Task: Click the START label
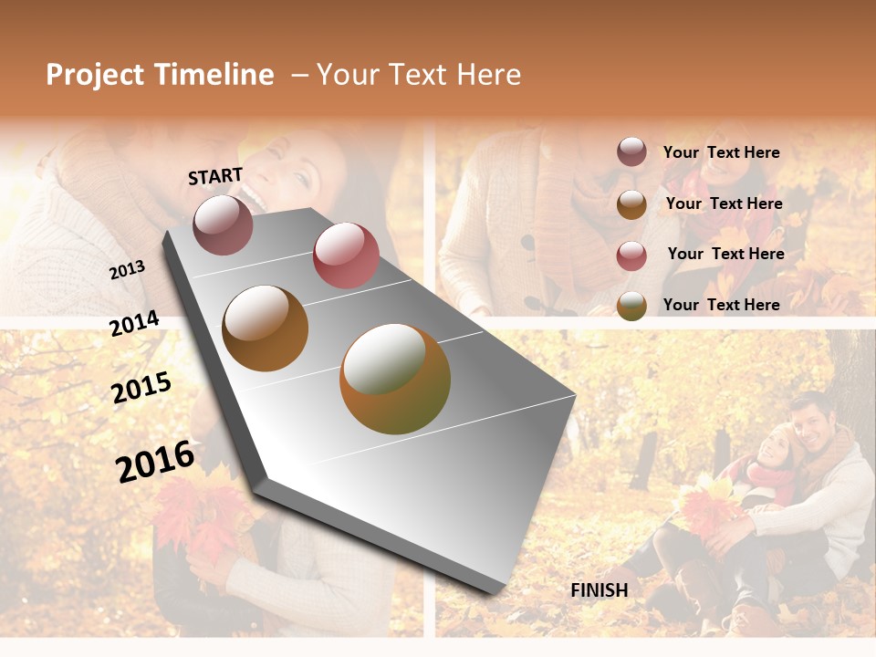coord(215,176)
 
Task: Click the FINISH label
coord(600,590)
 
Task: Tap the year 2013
coord(127,270)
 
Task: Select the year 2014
coord(134,324)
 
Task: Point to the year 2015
coord(141,388)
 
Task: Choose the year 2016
coord(155,461)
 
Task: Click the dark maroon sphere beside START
coord(223,224)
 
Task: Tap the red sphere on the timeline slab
coord(346,255)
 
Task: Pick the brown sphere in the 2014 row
coord(266,328)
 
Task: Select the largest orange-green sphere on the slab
coord(395,379)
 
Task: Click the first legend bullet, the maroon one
coord(631,152)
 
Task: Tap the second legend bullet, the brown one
coord(631,204)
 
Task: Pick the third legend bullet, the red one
coord(631,255)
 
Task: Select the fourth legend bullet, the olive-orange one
coord(631,306)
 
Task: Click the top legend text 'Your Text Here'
coord(721,152)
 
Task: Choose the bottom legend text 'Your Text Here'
coord(721,305)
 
